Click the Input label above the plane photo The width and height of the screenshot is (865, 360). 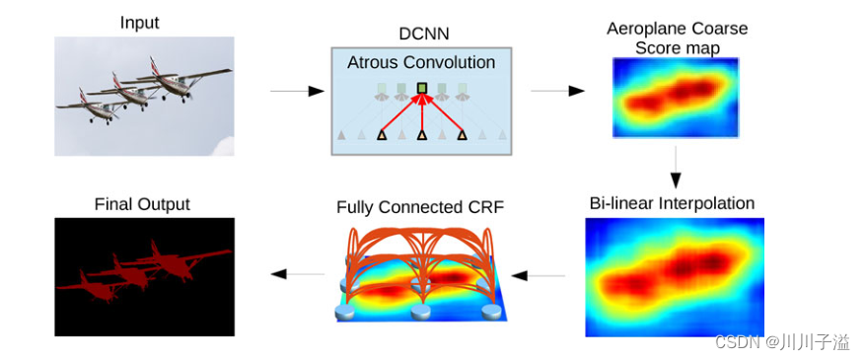tap(141, 23)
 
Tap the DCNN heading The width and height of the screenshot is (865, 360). tap(424, 35)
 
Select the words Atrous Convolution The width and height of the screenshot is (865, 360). tap(421, 62)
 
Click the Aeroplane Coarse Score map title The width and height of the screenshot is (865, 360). tap(677, 37)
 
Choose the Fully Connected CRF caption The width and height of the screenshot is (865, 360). tap(420, 208)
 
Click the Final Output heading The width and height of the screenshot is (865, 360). tap(142, 204)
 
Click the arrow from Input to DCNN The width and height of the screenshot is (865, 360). tap(297, 91)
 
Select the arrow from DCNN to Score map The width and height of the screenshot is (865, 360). tap(557, 91)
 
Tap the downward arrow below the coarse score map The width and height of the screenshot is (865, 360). tap(676, 167)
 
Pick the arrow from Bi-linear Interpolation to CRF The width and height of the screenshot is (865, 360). tap(538, 274)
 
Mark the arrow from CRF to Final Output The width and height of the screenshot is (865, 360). tap(297, 273)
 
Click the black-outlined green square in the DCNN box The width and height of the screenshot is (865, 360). tap(422, 88)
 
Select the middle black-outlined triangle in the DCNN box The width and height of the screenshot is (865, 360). tap(422, 134)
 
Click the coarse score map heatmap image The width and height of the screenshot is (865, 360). tap(676, 97)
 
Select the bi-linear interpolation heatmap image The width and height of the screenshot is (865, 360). tap(675, 277)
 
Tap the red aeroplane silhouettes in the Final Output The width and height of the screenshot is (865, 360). tap(143, 271)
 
